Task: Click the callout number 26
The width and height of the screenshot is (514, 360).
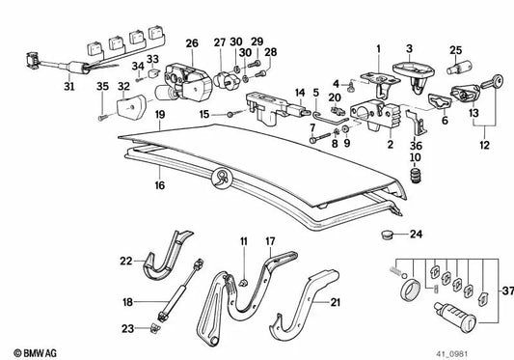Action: tap(192, 43)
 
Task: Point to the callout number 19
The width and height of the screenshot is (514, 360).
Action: tap(159, 115)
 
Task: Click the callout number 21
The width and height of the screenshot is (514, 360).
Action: tap(336, 304)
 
